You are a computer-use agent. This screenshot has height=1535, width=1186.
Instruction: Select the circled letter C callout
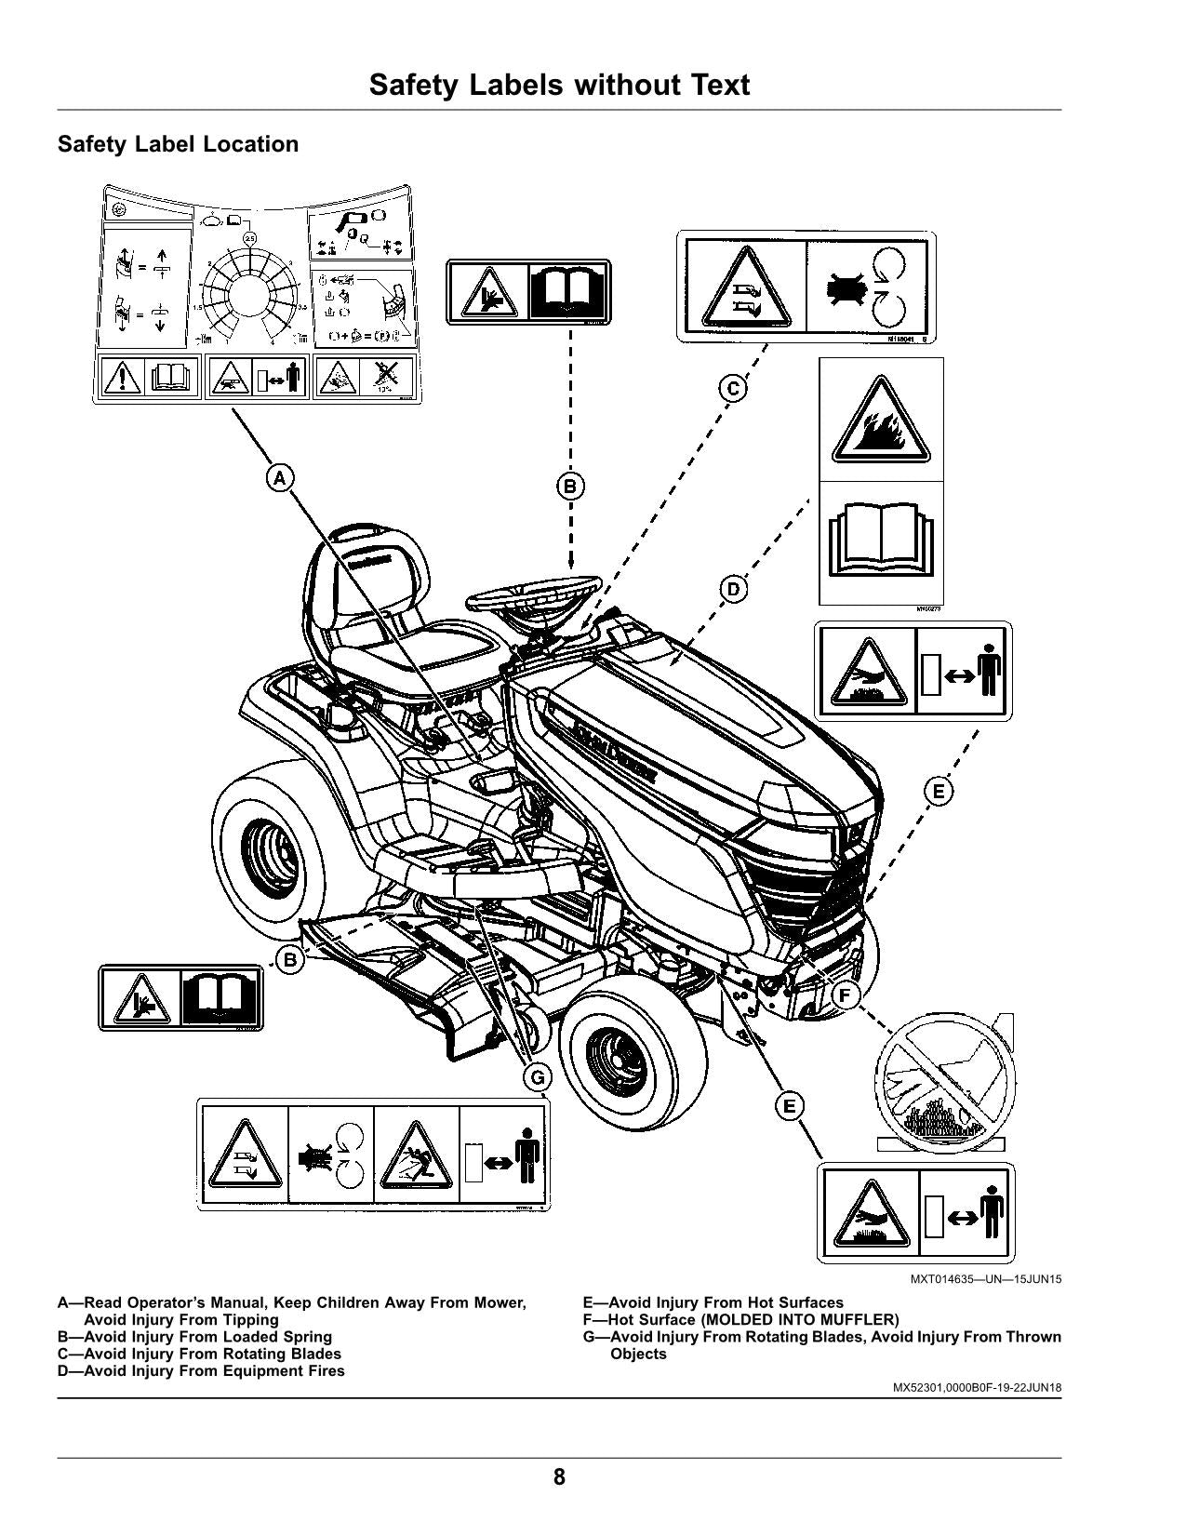733,388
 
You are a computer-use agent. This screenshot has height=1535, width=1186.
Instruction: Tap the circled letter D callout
733,589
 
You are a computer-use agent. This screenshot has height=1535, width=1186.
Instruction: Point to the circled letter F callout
845,996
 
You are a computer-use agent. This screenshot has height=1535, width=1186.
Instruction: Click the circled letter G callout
537,1077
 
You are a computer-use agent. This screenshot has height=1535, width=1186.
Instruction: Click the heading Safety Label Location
178,144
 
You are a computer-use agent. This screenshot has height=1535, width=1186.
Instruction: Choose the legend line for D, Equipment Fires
201,1371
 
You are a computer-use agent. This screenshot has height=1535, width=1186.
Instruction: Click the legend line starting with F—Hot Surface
740,1320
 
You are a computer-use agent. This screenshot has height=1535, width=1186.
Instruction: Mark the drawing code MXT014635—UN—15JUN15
985,1279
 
